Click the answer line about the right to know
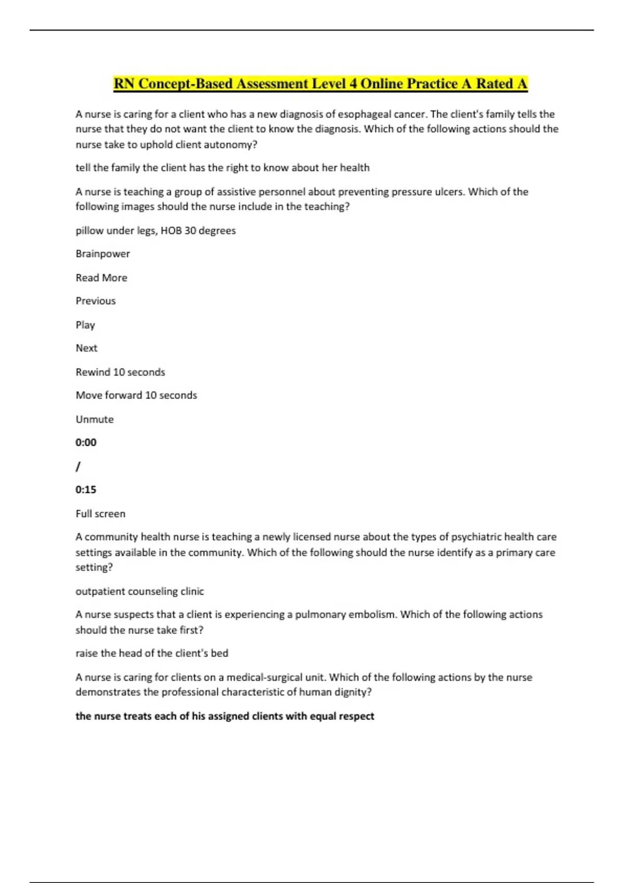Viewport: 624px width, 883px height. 223,168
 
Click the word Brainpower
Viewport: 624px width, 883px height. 103,254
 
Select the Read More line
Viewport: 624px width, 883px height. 101,278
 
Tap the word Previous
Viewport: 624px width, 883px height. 96,301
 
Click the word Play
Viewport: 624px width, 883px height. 85,325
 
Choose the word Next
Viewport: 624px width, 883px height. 86,348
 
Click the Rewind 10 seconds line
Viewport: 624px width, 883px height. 120,372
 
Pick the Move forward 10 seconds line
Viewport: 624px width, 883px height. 136,395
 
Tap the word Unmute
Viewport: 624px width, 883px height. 95,419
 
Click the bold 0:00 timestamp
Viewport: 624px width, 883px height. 86,443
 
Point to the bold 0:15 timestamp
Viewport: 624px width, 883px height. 86,490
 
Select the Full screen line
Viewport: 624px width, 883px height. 100,514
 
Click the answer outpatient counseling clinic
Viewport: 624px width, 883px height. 140,591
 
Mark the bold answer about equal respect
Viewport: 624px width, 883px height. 225,716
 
